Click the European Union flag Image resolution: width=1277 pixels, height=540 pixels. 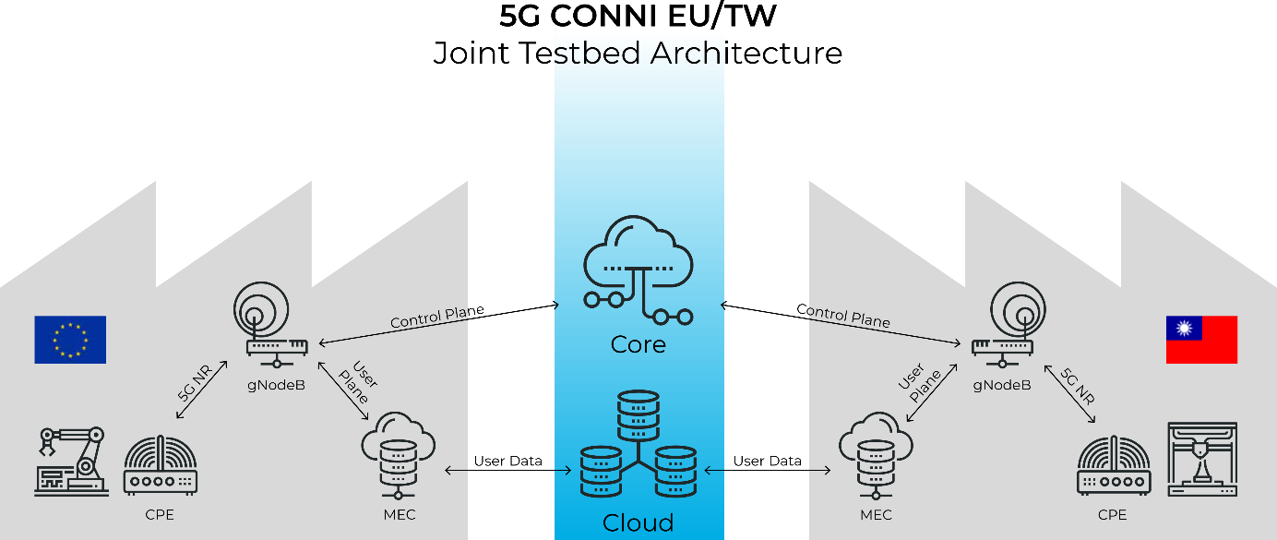pos(70,340)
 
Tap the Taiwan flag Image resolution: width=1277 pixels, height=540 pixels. pos(1201,340)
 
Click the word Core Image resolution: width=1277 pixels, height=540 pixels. pos(638,345)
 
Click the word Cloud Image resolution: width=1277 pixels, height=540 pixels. pos(638,523)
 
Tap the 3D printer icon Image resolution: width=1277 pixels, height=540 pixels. pos(1202,460)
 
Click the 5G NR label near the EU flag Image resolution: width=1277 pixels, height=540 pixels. pos(195,382)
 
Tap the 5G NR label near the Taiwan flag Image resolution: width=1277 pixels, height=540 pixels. pos(1077,387)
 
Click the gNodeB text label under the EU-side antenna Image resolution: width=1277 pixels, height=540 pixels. pos(278,384)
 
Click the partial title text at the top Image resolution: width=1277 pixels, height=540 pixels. pos(638,54)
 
